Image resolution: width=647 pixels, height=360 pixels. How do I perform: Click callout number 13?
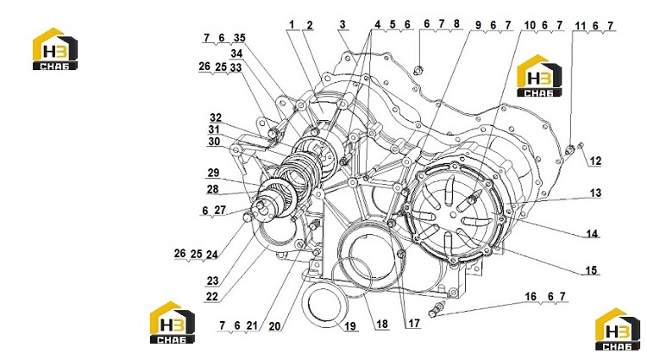(x=595, y=193)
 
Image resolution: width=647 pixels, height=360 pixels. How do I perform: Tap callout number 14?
(x=592, y=234)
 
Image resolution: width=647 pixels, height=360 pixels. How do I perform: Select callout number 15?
(x=591, y=270)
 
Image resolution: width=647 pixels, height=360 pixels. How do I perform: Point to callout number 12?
(x=595, y=161)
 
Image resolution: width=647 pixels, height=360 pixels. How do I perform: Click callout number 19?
(x=350, y=326)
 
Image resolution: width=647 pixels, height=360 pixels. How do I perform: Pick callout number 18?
(x=382, y=324)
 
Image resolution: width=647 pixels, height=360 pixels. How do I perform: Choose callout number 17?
(x=414, y=323)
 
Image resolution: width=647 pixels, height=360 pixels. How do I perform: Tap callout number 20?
(x=274, y=326)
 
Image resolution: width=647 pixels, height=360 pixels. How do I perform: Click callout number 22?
(x=211, y=296)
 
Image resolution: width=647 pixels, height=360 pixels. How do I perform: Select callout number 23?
(x=212, y=281)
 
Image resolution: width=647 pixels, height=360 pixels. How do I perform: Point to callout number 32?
(x=216, y=118)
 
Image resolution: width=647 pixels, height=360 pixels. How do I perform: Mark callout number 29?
(x=213, y=173)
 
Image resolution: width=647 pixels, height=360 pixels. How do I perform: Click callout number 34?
(x=236, y=54)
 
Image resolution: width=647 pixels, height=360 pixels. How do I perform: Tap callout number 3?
(x=342, y=24)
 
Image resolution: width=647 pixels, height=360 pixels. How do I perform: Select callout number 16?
(x=531, y=296)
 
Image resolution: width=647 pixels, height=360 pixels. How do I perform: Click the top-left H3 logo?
(x=55, y=48)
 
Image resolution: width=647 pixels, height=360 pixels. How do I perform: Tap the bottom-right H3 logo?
(x=618, y=330)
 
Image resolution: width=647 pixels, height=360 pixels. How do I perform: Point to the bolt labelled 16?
(x=437, y=310)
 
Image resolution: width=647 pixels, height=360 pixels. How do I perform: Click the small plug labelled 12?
(x=581, y=145)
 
